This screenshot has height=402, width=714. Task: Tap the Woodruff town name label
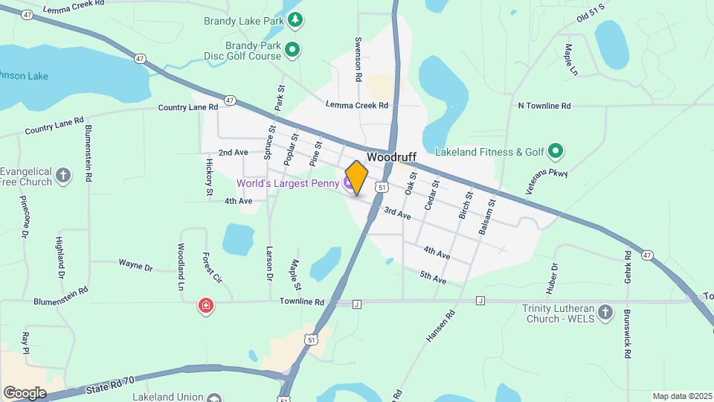click(x=391, y=158)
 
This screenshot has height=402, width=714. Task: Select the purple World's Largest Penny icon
click(x=348, y=183)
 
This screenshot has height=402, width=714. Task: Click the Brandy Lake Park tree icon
click(x=295, y=20)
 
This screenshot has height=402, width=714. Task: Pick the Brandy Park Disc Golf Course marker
click(x=293, y=51)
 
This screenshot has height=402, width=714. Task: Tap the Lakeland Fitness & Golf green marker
click(x=555, y=153)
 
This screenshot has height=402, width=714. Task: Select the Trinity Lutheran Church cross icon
click(x=605, y=312)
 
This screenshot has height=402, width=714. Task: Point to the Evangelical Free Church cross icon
click(x=64, y=176)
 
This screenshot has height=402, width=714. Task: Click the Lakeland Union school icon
click(x=215, y=398)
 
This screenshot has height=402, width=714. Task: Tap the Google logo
click(x=25, y=392)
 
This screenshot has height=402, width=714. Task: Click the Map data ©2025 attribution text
click(x=681, y=396)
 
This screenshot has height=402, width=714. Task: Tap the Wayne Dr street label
click(x=135, y=265)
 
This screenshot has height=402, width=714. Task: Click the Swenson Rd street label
click(x=358, y=59)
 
